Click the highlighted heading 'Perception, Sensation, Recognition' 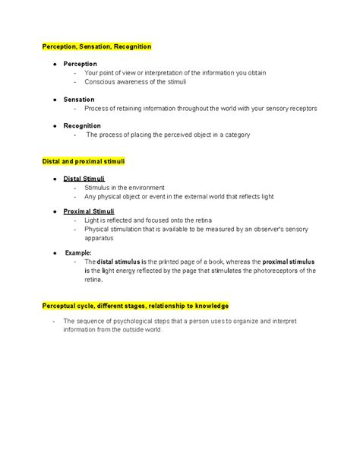96,47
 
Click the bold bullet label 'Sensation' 79,100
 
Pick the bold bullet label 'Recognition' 83,125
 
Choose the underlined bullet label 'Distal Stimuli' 84,178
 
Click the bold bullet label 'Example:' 78,252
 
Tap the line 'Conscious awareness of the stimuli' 135,82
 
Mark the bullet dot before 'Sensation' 55,100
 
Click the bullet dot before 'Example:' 55,252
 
